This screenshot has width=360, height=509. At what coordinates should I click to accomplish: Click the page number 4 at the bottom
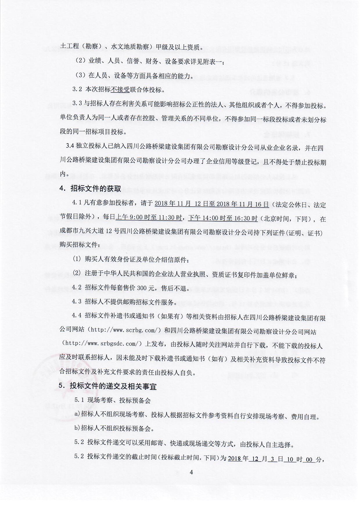191,472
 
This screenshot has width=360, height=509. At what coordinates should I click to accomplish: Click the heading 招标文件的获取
96,188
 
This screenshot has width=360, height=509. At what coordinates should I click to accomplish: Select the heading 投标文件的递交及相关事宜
113,386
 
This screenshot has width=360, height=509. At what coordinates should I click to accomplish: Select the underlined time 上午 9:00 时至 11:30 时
149,218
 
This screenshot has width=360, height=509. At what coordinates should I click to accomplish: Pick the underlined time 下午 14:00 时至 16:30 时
223,218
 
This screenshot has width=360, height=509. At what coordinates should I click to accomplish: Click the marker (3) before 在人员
80,75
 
